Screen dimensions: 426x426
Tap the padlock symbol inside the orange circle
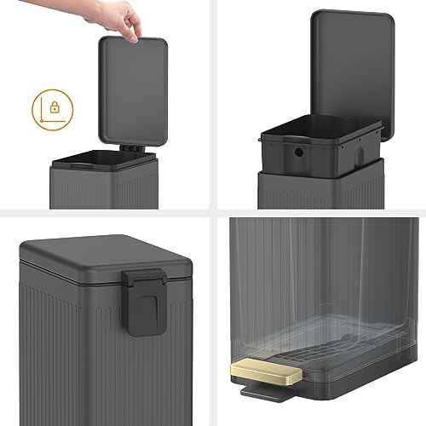(x=52, y=108)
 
